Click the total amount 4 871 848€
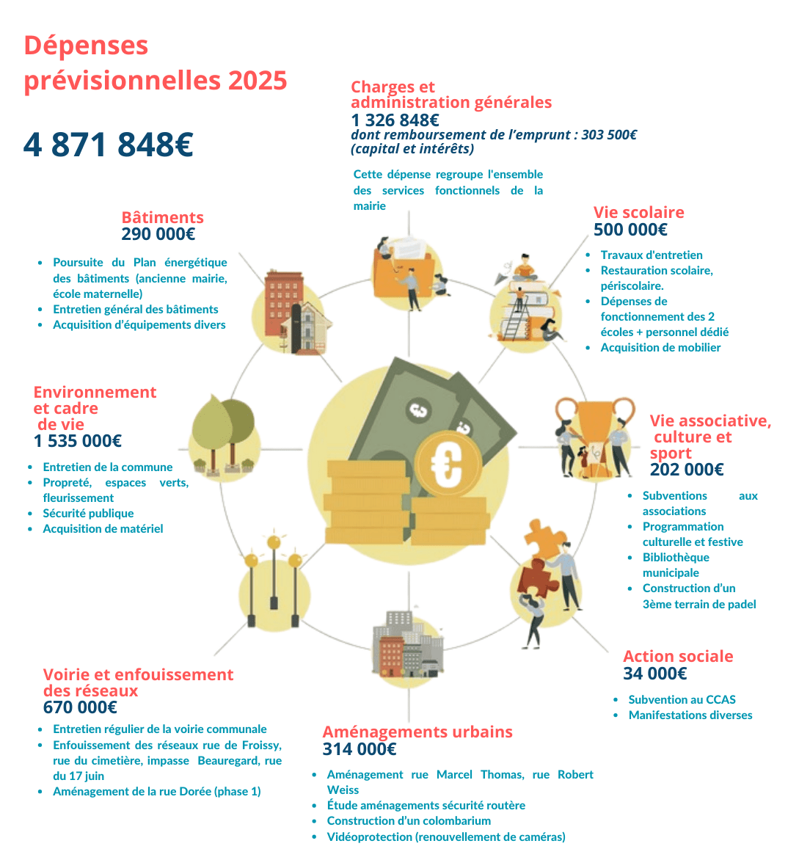[108, 145]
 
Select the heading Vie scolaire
[638, 213]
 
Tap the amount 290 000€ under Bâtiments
[158, 235]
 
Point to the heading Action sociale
[678, 657]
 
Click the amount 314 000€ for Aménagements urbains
[359, 749]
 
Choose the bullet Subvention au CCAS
[682, 700]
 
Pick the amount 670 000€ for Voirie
[80, 707]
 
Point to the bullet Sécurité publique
[88, 514]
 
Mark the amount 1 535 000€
[78, 441]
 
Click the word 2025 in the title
[257, 80]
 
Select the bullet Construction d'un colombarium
[409, 821]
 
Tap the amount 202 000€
[687, 470]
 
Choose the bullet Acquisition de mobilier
[660, 348]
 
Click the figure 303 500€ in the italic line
[609, 135]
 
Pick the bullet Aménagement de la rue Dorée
[156, 792]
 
